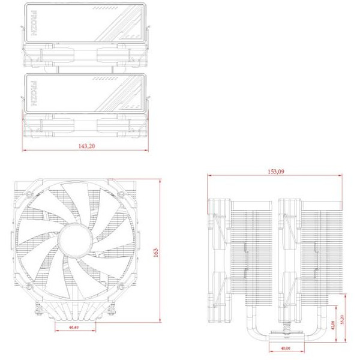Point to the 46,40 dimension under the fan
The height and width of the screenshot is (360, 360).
click(x=74, y=328)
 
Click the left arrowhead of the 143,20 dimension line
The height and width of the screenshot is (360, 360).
click(x=25, y=150)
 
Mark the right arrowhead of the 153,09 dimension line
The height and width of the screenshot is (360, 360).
click(x=342, y=175)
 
